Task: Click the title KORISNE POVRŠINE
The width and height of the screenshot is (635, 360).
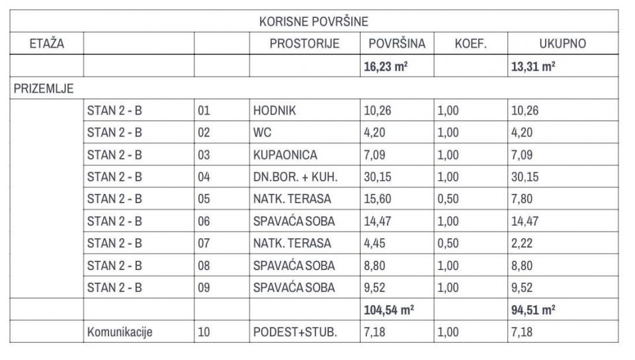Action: [314, 22]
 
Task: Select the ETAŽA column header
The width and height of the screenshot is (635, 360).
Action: [46, 44]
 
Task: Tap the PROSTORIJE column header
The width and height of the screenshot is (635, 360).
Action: [304, 44]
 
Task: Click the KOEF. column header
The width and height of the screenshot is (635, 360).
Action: [470, 44]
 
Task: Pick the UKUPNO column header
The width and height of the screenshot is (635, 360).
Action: [563, 44]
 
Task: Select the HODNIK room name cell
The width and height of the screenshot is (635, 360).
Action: [275, 111]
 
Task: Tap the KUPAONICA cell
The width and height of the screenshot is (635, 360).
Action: [285, 155]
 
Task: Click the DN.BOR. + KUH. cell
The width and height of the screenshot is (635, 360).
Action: [296, 177]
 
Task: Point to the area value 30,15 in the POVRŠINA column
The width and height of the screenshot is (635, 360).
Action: [378, 177]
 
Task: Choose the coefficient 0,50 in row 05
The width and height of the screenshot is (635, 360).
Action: [448, 199]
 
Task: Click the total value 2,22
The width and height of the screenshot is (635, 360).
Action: [523, 244]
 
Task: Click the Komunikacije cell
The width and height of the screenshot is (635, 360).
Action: [120, 332]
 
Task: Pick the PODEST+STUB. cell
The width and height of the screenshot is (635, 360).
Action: [295, 332]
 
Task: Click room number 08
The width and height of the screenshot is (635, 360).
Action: [204, 266]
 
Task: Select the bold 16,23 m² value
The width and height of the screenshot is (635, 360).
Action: [386, 66]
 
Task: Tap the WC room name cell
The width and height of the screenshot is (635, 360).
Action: [263, 132]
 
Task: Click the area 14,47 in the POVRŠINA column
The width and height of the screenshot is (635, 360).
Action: [378, 222]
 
